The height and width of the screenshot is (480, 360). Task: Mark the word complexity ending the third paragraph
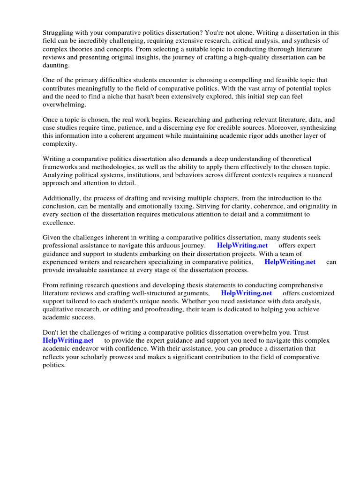pos(60,144)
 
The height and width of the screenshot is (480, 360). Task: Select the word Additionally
pos(62,198)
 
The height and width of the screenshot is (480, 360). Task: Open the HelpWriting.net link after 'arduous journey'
pos(243,246)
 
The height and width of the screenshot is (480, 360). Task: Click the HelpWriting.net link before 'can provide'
pos(290,262)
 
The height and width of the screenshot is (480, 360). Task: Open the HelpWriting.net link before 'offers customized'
pos(247,293)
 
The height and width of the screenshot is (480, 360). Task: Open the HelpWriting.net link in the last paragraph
pos(68,340)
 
